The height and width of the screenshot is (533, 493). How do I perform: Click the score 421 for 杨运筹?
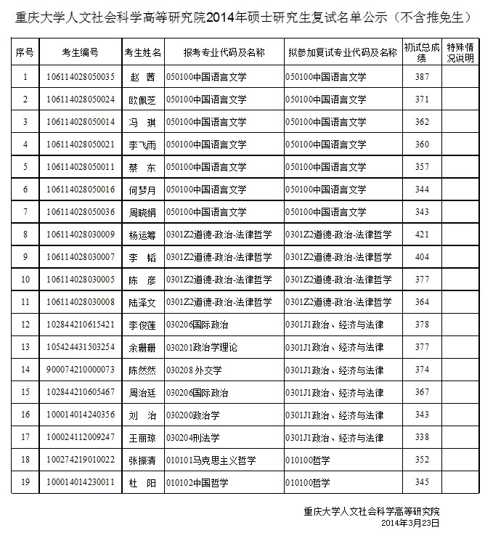(422, 235)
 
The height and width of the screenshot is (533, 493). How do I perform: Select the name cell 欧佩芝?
(142, 99)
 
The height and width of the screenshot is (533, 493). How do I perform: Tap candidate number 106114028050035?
(80, 77)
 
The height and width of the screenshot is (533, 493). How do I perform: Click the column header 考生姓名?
(142, 53)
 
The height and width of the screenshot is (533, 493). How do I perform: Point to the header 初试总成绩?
(422, 53)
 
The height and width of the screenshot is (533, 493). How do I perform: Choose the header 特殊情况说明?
(460, 53)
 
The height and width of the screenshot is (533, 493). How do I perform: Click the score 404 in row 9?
(422, 257)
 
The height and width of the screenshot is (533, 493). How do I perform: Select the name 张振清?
(142, 460)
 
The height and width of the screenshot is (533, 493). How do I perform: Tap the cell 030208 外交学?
(193, 370)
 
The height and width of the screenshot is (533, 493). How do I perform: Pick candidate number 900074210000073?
(80, 370)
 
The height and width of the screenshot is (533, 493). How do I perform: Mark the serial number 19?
(25, 481)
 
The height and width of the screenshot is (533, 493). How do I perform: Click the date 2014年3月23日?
(410, 522)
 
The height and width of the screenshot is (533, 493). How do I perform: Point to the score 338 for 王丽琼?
(422, 437)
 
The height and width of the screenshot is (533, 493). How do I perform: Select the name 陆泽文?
(142, 302)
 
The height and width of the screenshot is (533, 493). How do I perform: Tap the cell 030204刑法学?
(193, 437)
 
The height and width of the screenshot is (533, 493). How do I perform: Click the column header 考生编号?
(80, 53)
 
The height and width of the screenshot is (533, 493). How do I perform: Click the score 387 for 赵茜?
(422, 77)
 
